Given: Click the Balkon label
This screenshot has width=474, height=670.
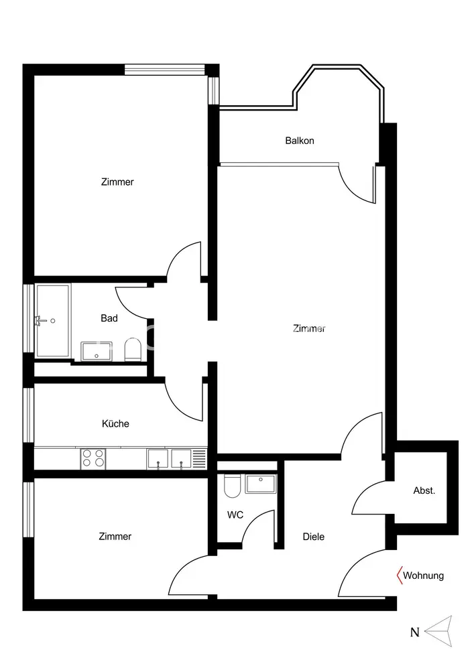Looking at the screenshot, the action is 300,141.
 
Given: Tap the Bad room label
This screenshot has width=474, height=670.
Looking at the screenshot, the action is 109,318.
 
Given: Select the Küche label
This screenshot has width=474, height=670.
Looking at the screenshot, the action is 115,423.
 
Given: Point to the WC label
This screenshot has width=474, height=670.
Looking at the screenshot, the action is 235,515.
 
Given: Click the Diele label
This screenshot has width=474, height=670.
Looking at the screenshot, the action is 314,537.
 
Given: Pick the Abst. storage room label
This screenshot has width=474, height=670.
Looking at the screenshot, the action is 424,490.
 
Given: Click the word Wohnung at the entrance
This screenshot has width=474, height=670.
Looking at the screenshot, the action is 423,576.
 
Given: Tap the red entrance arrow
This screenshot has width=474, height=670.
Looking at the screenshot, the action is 400,575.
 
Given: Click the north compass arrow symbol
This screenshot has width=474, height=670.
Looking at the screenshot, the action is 439,631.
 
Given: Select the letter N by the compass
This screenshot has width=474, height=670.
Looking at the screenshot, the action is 414,632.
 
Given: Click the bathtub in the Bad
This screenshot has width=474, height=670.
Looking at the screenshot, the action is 53,320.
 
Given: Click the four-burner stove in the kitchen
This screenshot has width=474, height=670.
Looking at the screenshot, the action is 93,458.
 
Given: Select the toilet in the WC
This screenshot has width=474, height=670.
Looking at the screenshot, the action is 233,486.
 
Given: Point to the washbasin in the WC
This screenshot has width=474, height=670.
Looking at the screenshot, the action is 261,483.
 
